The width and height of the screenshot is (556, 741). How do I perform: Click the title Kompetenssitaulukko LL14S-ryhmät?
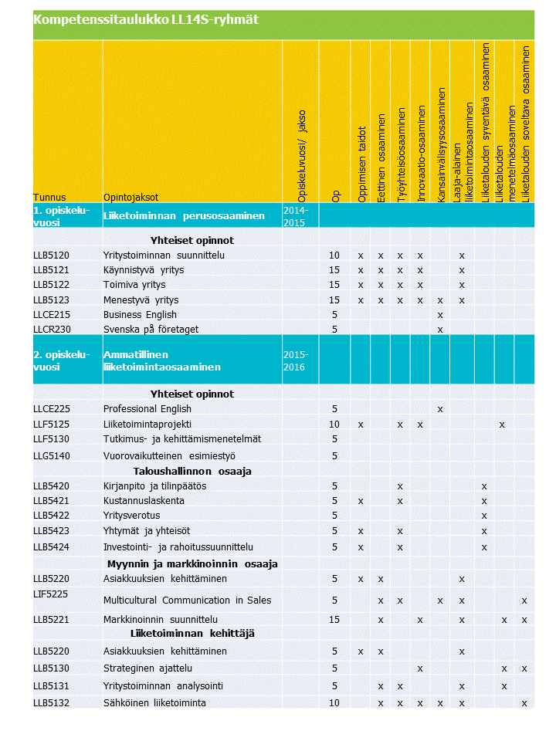point(145,21)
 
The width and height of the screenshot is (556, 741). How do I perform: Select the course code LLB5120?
point(51,255)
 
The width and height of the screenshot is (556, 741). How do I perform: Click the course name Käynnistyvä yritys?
point(144,270)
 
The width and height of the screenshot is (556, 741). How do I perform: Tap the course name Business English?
point(140,315)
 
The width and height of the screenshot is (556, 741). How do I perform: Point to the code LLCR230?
point(51,330)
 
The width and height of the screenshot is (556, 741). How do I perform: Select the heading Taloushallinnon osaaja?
point(190,471)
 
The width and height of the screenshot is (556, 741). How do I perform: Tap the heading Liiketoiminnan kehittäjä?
point(192,633)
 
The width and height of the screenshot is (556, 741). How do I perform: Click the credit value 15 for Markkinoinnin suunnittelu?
point(334,619)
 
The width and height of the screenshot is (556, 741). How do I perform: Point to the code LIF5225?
point(50,593)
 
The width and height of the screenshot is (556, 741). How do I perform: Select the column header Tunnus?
point(49,197)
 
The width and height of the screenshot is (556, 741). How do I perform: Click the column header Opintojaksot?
point(131,197)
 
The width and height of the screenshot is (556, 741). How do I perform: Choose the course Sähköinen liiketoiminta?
point(154,702)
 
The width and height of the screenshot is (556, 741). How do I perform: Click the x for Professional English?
point(440,409)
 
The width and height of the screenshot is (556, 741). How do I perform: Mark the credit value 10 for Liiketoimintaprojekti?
point(334,425)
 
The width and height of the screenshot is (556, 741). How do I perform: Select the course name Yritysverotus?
point(132,516)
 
